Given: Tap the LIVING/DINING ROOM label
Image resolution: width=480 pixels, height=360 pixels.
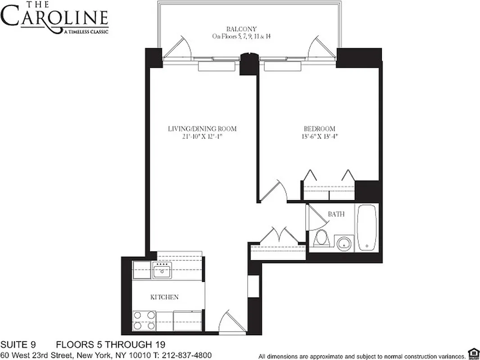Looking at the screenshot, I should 202,129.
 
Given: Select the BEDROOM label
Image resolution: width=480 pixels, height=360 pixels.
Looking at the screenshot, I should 319,129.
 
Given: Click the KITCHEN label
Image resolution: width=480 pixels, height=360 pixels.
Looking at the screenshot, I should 164,297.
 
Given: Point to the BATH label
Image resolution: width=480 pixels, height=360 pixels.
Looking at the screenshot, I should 336,214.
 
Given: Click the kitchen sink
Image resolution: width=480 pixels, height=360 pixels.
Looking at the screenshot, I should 161,272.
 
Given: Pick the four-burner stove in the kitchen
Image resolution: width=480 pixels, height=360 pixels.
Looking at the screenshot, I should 144,320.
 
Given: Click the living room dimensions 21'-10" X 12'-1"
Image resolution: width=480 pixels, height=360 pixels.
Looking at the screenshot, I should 202,137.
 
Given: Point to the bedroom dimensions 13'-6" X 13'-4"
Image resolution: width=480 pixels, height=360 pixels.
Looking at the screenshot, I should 319,137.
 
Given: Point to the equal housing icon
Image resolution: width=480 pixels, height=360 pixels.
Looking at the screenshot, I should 473,352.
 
